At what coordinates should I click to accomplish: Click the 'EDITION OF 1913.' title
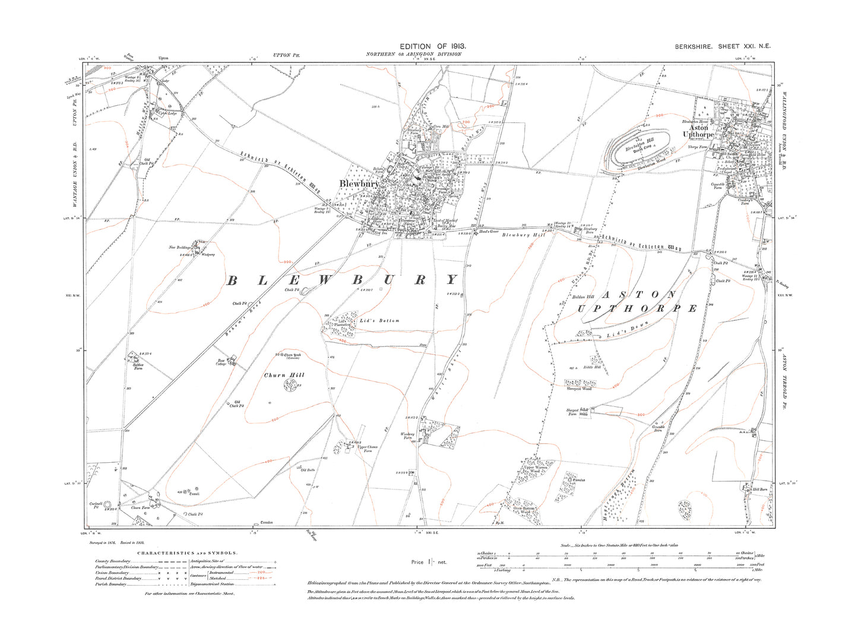click(432, 46)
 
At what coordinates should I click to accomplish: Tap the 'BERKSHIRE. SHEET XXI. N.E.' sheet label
click(723, 46)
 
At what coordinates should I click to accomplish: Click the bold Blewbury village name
click(359, 184)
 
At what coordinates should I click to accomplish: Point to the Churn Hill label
click(284, 375)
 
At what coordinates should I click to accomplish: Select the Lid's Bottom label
click(379, 321)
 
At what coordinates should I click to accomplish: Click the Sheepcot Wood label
click(578, 389)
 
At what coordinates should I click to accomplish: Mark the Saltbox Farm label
click(138, 366)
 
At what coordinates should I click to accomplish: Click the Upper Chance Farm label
click(368, 449)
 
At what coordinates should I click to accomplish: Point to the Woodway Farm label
click(407, 436)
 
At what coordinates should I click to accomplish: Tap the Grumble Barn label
click(658, 428)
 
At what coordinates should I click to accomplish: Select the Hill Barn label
click(760, 490)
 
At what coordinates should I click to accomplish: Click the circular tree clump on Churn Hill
click(290, 386)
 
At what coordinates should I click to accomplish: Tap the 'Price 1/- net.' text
click(429, 561)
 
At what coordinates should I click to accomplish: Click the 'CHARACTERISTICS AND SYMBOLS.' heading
click(187, 553)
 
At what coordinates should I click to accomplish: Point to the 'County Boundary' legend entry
click(111, 561)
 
